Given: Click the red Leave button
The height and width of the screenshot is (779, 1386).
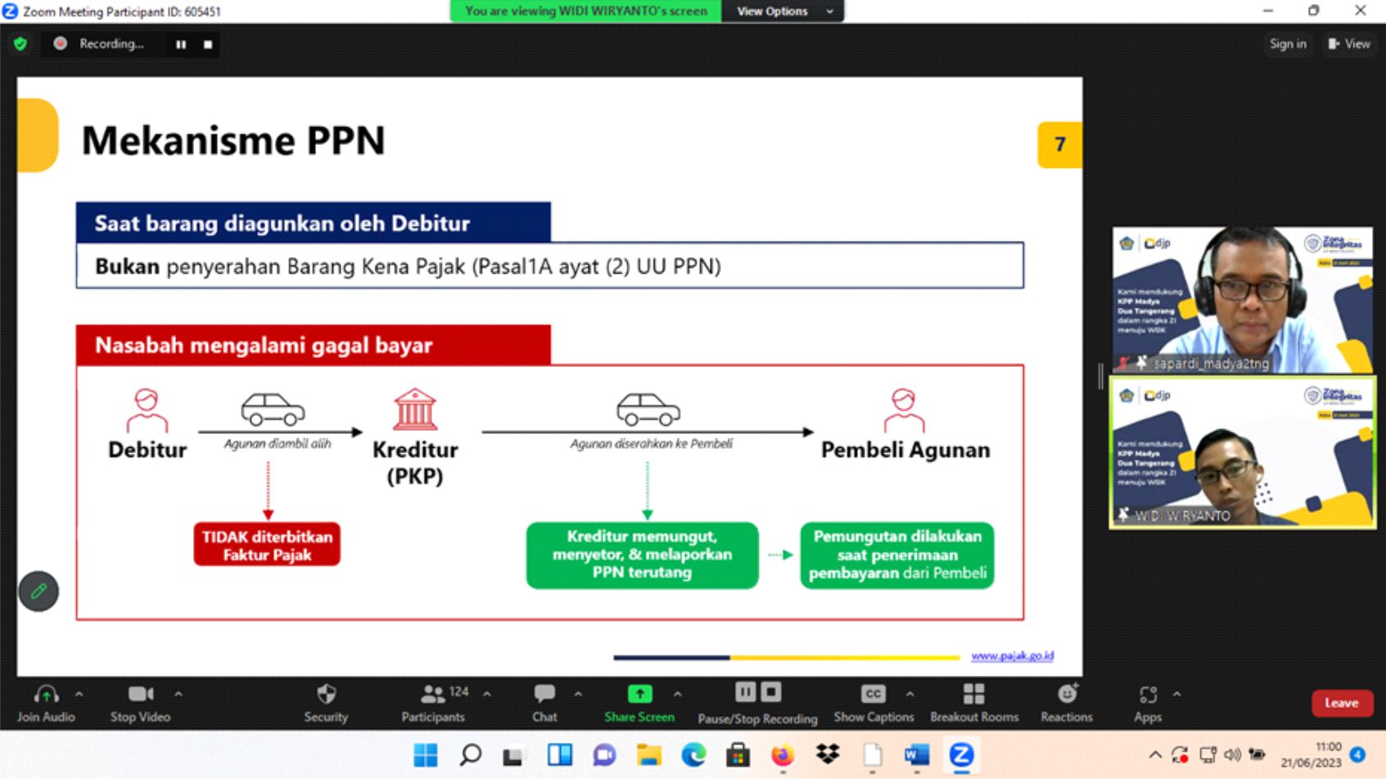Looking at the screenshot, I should pyautogui.click(x=1341, y=703).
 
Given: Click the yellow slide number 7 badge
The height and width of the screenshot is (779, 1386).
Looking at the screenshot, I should pyautogui.click(x=1059, y=144).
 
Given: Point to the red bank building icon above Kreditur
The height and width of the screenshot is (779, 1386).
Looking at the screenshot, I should pyautogui.click(x=415, y=409).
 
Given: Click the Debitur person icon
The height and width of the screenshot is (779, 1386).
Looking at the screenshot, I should pyautogui.click(x=147, y=410).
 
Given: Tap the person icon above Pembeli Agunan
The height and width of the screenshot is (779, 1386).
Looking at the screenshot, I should pyautogui.click(x=904, y=410).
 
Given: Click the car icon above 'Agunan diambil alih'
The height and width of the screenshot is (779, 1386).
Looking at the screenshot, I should pyautogui.click(x=273, y=409).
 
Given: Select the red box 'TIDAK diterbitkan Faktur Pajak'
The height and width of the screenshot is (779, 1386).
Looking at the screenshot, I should pyautogui.click(x=267, y=546).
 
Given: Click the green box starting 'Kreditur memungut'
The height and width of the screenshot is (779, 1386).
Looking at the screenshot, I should pyautogui.click(x=642, y=555).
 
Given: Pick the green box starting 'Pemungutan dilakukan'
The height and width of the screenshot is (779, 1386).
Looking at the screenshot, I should pyautogui.click(x=897, y=555).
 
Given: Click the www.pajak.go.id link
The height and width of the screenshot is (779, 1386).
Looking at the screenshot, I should pyautogui.click(x=1012, y=656).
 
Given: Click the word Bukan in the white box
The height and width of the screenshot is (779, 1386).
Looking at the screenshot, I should pyautogui.click(x=127, y=266).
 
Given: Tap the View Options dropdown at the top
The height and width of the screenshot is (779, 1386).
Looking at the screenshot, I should pyautogui.click(x=783, y=11).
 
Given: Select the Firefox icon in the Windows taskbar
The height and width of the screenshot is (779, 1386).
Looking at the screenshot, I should pyautogui.click(x=783, y=755).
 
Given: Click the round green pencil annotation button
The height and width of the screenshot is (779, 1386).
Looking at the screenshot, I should pyautogui.click(x=38, y=591).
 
